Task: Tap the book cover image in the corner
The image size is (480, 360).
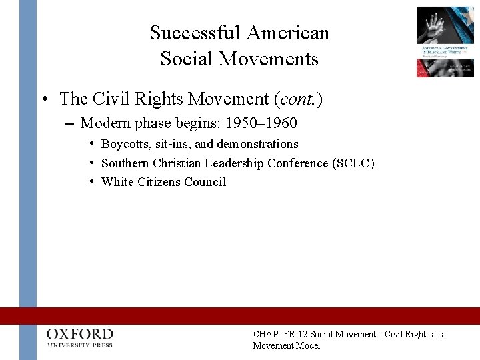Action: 445,41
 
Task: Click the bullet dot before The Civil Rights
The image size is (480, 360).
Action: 44,100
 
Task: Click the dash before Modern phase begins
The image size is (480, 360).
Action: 70,123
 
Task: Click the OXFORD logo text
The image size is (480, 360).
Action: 80,334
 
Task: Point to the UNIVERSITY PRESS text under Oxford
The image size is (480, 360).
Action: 80,345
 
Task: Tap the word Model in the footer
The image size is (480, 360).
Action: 307,346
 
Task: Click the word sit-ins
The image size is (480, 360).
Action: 173,144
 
